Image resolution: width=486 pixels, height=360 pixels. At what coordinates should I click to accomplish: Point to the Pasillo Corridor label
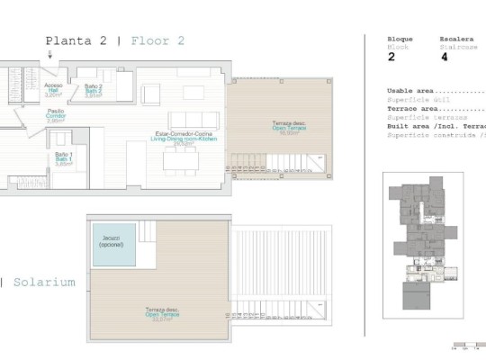click(x=55, y=116)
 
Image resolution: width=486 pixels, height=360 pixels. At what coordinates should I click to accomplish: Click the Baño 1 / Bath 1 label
click(x=63, y=158)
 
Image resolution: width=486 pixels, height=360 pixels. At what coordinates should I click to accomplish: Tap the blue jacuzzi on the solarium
click(x=112, y=245)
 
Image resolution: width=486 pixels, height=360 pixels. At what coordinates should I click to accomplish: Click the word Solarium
click(x=44, y=282)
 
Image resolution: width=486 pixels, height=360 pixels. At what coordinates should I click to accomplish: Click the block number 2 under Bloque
click(x=391, y=57)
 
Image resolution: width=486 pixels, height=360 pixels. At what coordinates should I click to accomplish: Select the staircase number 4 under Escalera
click(x=444, y=57)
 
